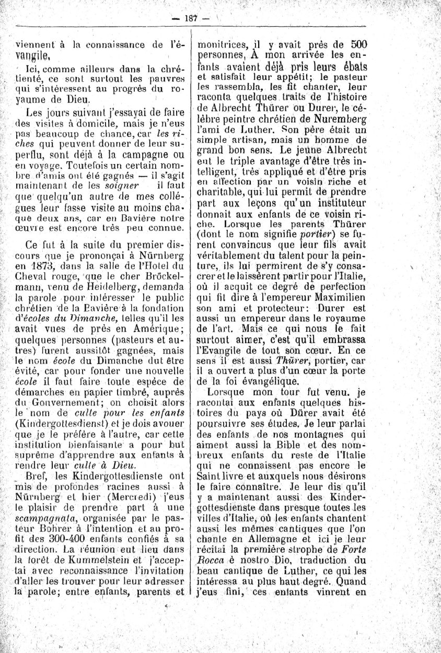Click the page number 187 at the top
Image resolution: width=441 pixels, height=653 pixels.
point(190,18)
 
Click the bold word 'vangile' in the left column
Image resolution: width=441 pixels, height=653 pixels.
point(33,54)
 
